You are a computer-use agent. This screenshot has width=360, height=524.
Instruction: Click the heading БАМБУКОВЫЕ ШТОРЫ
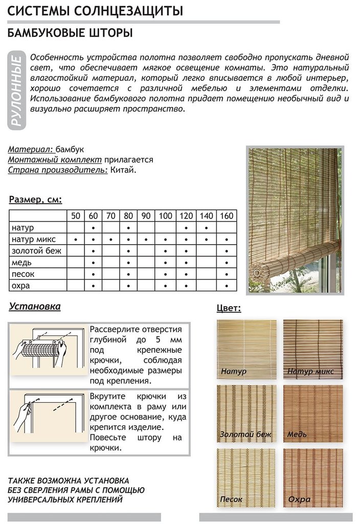[71, 34]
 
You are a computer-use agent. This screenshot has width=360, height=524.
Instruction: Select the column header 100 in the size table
[165, 215]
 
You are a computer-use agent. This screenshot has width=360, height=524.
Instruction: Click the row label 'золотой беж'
[36, 251]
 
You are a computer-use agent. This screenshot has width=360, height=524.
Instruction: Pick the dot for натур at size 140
[206, 228]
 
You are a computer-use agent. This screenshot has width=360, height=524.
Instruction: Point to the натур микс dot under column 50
[76, 239]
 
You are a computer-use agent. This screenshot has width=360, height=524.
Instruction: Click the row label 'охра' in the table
[21, 286]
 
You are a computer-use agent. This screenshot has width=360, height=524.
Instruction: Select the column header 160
[226, 215]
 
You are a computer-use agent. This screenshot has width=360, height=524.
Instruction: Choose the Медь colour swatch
[313, 413]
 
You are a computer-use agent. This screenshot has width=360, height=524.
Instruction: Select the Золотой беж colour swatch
[246, 413]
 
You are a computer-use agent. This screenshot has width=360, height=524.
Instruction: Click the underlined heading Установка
[35, 307]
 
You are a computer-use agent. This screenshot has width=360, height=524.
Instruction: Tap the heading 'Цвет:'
[229, 308]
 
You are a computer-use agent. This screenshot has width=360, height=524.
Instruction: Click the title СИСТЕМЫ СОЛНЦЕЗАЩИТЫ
[97, 11]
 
